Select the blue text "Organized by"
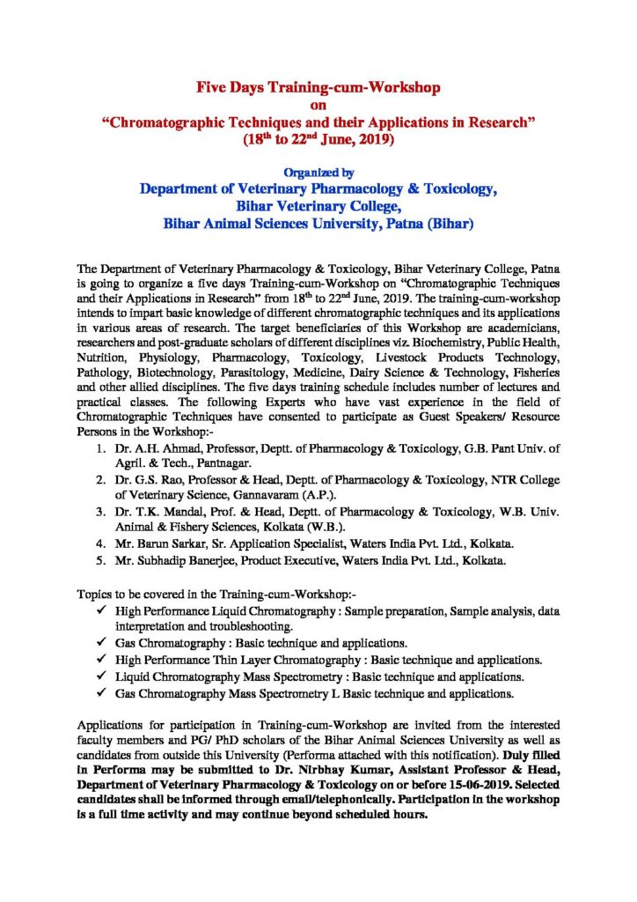point(318,173)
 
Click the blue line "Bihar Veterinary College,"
point(318,207)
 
